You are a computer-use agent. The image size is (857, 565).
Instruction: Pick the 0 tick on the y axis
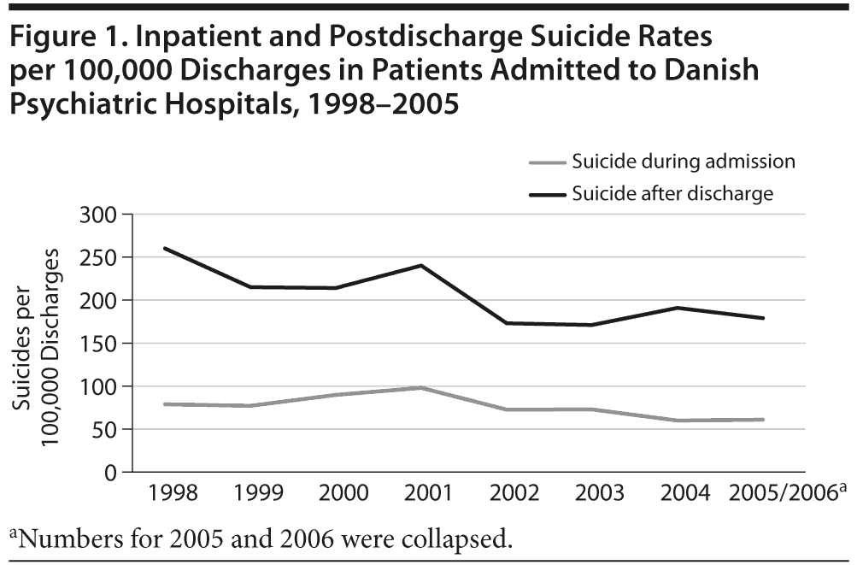click(109, 473)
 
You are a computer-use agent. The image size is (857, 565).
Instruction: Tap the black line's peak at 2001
click(420, 265)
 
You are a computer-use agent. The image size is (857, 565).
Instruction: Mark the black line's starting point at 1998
click(164, 248)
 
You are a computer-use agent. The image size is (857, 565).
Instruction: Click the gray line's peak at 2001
click(420, 387)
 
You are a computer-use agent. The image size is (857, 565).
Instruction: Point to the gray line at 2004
click(677, 421)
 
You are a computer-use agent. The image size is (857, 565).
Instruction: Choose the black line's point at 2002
click(506, 323)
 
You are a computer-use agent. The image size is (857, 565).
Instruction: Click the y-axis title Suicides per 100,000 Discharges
click(43, 342)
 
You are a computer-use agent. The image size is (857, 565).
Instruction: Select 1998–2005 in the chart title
click(379, 105)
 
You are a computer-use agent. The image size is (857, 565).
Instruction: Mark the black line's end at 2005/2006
click(762, 318)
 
